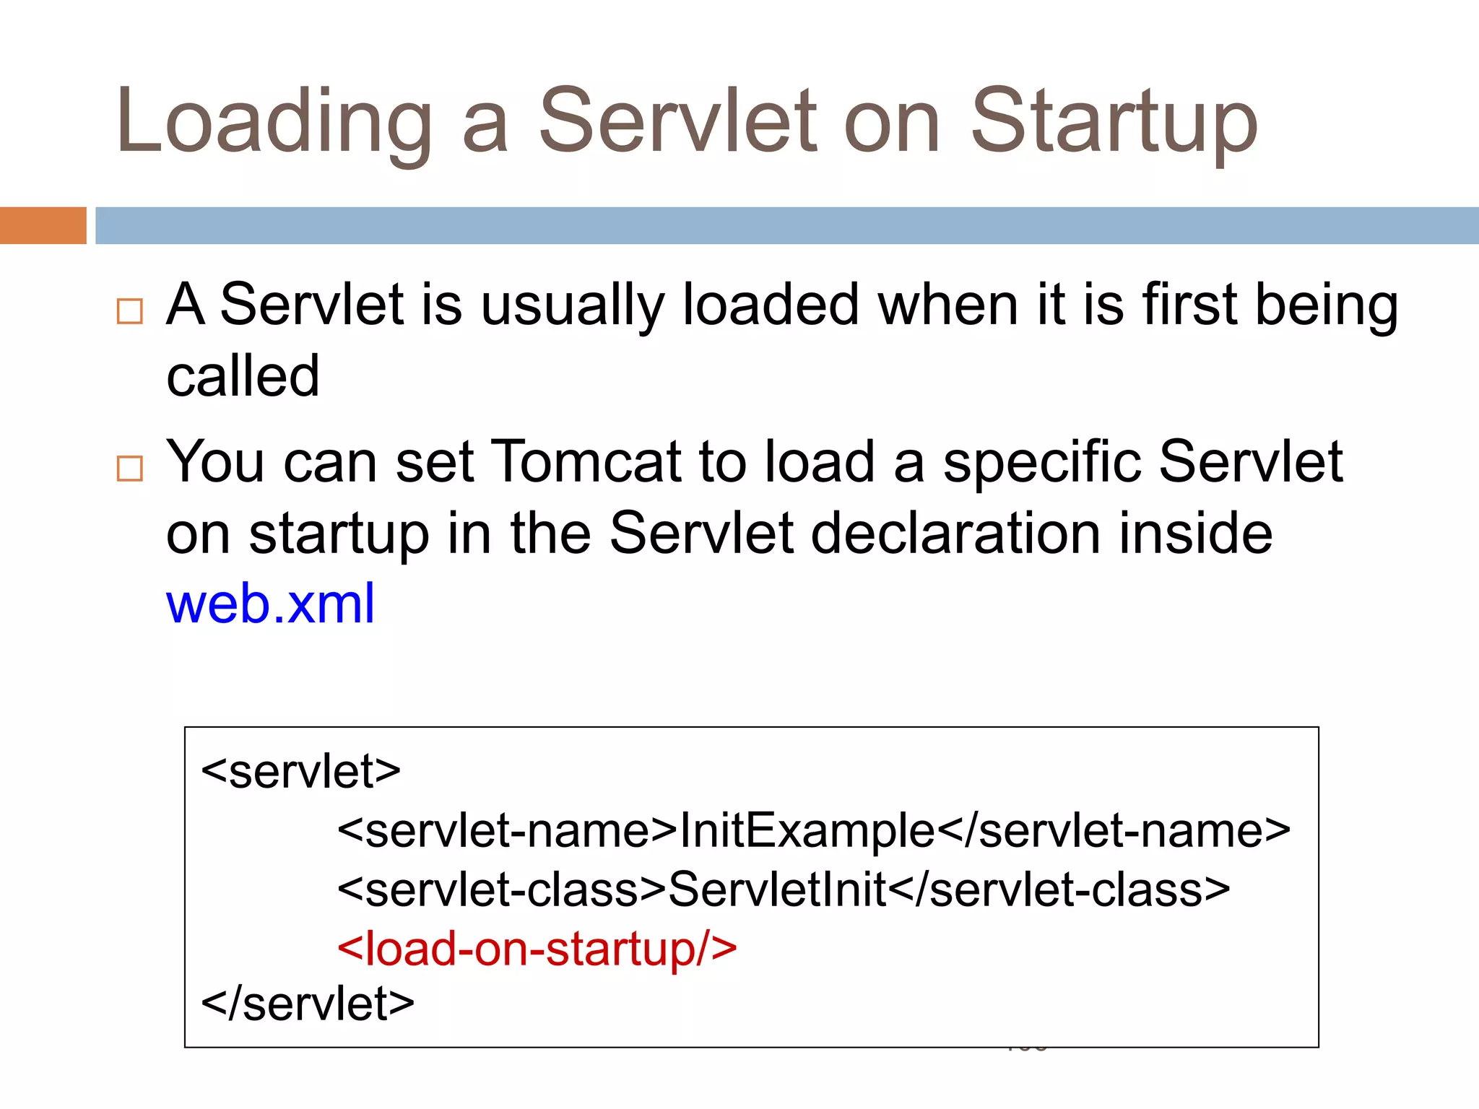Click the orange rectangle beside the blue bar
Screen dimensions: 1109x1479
click(43, 225)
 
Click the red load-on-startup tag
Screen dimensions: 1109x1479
click(537, 948)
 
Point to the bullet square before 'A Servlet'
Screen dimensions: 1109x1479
click(130, 311)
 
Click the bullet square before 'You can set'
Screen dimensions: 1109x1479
click(130, 469)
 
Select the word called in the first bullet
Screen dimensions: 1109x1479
click(243, 376)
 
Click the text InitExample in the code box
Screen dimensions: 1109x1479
click(807, 830)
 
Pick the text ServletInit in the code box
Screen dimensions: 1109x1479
click(777, 889)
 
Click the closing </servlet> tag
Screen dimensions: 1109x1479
click(308, 1004)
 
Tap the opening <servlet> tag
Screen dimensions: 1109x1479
click(300, 771)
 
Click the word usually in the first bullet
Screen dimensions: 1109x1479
click(572, 305)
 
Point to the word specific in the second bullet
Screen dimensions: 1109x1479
click(1042, 462)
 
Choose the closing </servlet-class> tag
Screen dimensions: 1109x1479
click(1059, 889)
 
